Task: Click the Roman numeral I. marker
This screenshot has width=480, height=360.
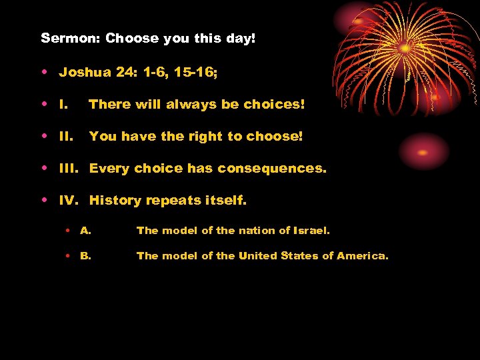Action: [64, 104]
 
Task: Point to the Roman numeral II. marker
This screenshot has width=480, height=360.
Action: [66, 136]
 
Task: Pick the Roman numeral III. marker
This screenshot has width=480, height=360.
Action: [69, 168]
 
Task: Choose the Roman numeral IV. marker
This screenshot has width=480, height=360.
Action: [70, 200]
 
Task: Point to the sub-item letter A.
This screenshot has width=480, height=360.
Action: [85, 231]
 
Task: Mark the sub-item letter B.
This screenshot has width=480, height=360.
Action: [85, 256]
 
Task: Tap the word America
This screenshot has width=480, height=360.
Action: [363, 256]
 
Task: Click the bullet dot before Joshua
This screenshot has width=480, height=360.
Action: [44, 73]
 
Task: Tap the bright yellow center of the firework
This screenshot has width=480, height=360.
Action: [405, 48]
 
